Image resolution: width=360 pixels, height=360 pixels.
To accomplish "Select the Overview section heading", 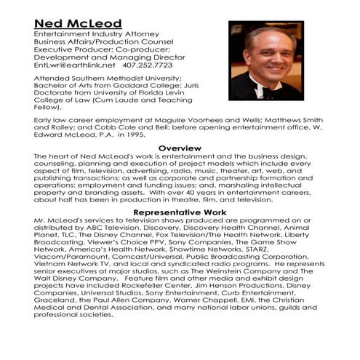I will [180, 148].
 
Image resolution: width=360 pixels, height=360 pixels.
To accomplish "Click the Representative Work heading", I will [180, 212].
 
